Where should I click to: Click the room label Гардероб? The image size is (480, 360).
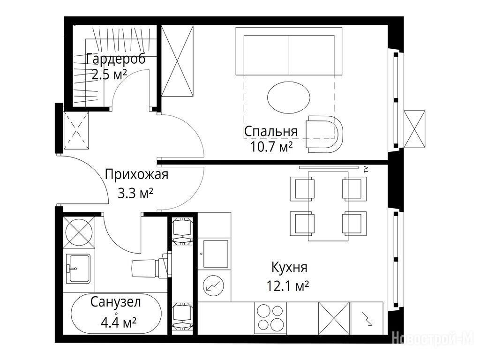[116, 59]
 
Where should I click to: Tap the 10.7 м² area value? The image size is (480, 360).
[271, 147]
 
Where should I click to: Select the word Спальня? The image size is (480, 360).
[271, 131]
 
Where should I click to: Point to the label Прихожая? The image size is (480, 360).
[136, 174]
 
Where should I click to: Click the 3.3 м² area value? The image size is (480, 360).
[135, 194]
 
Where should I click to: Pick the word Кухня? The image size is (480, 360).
[289, 268]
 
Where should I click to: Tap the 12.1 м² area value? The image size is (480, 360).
[288, 286]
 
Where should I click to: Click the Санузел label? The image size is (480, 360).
[116, 302]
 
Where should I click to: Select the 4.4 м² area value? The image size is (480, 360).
[119, 322]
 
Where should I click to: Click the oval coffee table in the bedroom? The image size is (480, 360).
[289, 97]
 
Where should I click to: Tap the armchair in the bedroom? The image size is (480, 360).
[325, 134]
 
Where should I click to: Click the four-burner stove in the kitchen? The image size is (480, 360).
[270, 318]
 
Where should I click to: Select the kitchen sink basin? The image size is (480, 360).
[216, 254]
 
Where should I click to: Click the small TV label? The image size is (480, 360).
[365, 170]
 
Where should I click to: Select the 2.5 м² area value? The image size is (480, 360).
[109, 75]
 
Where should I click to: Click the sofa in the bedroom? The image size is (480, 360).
[289, 51]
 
